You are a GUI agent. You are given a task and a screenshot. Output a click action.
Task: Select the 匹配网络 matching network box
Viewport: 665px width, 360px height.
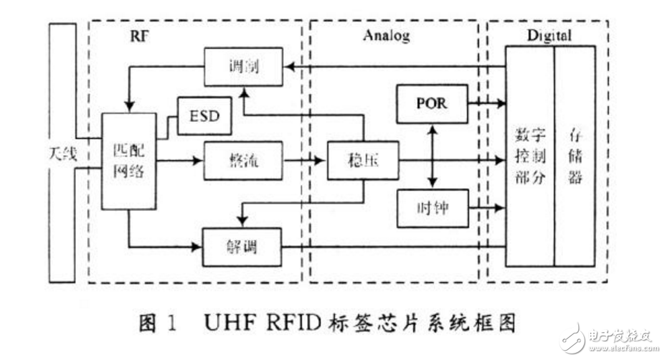point(129,161)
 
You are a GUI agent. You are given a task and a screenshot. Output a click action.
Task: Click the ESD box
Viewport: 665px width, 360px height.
point(205,115)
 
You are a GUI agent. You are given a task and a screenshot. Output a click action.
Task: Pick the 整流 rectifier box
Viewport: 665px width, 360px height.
point(243,161)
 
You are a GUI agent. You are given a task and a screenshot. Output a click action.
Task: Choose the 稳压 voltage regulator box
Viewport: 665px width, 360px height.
point(362,161)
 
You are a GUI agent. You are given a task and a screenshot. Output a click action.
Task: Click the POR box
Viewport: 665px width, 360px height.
point(431,103)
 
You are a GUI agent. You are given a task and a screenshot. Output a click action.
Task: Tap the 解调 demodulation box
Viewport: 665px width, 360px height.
point(242,247)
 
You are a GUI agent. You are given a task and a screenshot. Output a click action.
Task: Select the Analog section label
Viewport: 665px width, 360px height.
point(387,36)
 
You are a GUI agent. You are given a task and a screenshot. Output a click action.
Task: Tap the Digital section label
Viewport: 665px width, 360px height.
point(549,36)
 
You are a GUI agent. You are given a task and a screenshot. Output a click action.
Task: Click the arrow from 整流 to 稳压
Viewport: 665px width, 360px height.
point(304,161)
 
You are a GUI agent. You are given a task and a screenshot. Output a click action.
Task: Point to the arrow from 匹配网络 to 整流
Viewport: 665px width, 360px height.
point(180,161)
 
